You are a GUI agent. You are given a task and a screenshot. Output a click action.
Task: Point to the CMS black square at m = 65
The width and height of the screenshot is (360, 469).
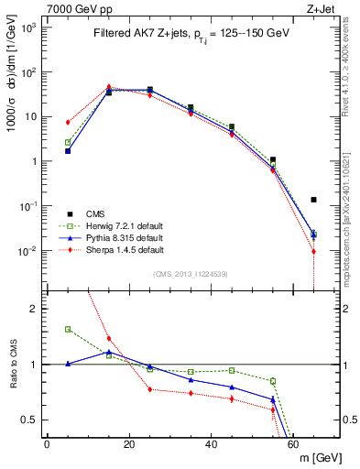coord(313,199)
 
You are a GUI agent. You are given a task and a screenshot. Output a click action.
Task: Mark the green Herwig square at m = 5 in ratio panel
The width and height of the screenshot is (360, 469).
coord(68,329)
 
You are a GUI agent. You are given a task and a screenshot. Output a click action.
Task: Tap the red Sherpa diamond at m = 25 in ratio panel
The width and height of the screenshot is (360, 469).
coord(150,389)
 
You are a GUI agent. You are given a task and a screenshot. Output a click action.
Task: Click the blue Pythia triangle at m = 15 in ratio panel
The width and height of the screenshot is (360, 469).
coord(109,351)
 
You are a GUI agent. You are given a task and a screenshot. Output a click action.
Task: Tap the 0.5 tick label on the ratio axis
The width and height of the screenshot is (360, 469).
coord(30,420)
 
